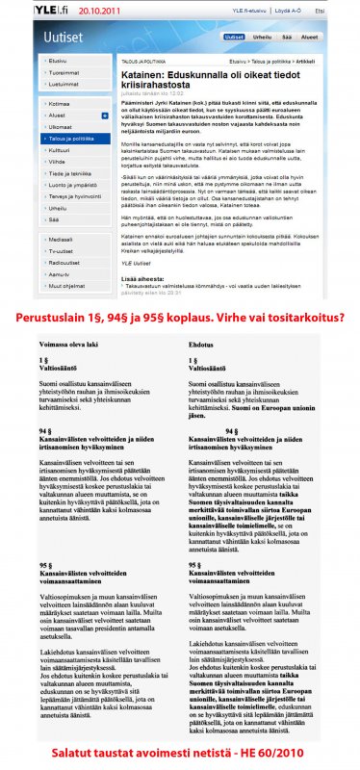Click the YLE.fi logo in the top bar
coord(28,7)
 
